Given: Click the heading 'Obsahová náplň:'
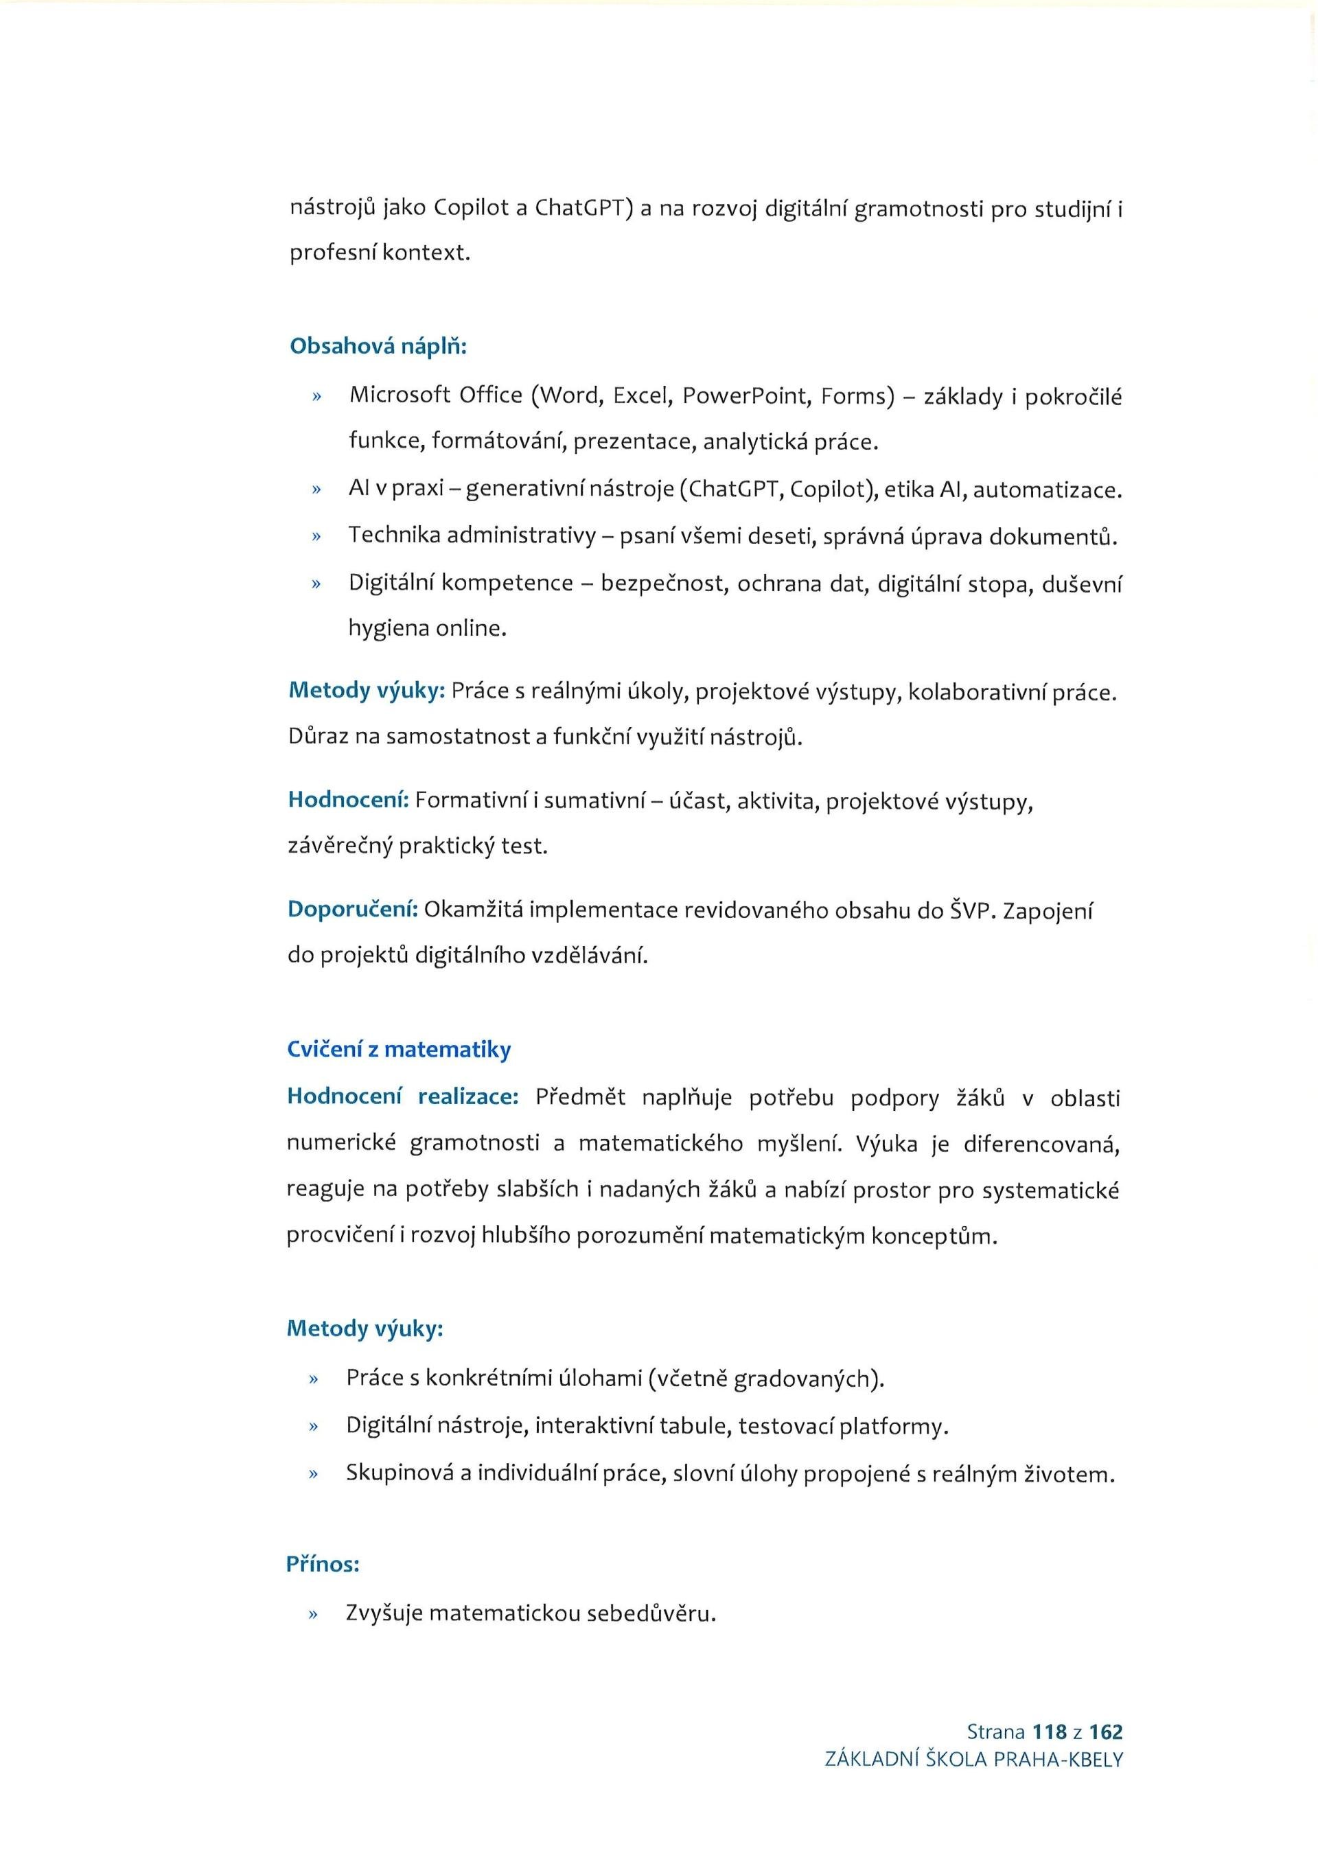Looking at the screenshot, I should click(x=378, y=346).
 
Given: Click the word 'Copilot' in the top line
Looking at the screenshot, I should click(x=472, y=209).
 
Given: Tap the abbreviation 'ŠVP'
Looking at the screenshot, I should click(x=971, y=910).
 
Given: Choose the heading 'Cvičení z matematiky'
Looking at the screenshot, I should click(x=398, y=1049).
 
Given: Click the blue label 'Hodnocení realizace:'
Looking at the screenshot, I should click(x=402, y=1097).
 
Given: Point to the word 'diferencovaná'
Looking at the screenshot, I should click(x=1041, y=1144).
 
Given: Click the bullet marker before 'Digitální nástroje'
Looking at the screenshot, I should click(x=313, y=1427).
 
